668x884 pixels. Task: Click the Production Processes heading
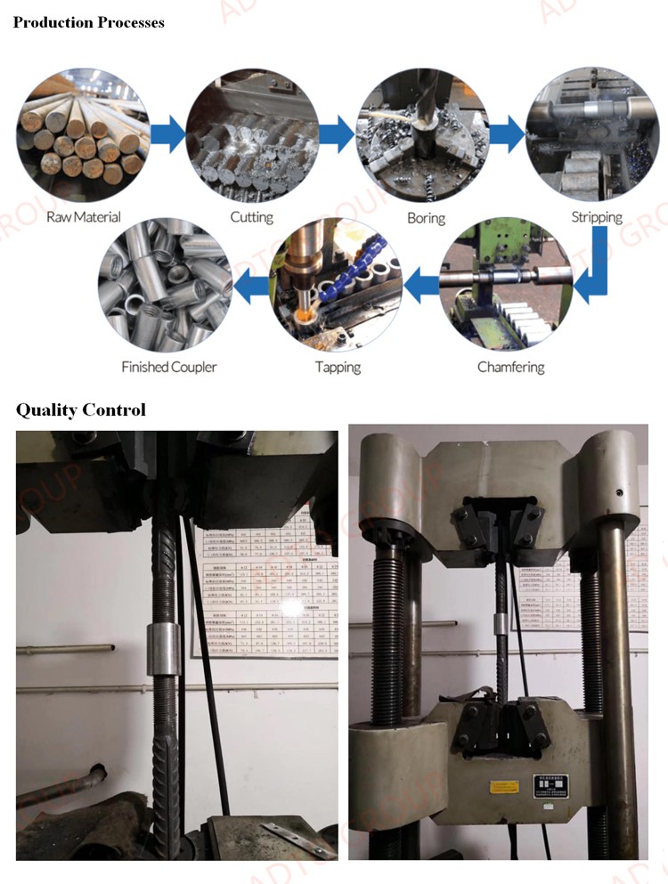pos(88,22)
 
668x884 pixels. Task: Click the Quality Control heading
pos(80,410)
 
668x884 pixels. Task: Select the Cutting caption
pos(252,216)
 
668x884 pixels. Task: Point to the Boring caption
pos(426,216)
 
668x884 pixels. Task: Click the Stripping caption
pos(596,216)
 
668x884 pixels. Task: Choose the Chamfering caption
pos(510,367)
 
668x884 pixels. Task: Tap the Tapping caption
pos(338,367)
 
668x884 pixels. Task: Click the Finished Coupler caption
pos(168,367)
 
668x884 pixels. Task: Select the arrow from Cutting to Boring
pos(337,134)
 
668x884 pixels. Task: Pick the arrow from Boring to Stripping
pos(506,134)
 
